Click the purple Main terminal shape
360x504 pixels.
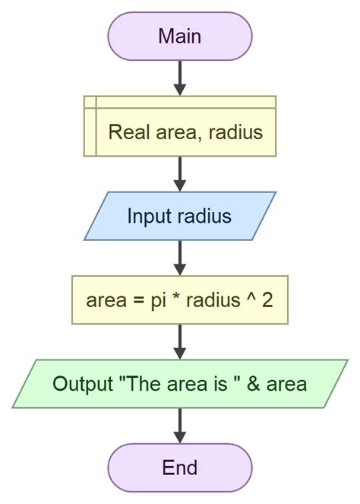pyautogui.click(x=179, y=36)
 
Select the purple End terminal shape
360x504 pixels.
pyautogui.click(x=179, y=468)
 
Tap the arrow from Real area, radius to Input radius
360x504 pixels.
pyautogui.click(x=179, y=173)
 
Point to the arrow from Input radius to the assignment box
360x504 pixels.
pyautogui.click(x=179, y=258)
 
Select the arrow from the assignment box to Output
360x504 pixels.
pyautogui.click(x=179, y=341)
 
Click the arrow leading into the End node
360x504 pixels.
pyautogui.click(x=179, y=426)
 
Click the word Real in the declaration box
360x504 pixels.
pyautogui.click(x=126, y=132)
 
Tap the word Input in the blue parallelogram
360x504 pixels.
pyautogui.click(x=150, y=216)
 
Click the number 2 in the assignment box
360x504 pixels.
pyautogui.click(x=267, y=300)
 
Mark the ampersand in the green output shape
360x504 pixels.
pyautogui.click(x=255, y=384)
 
